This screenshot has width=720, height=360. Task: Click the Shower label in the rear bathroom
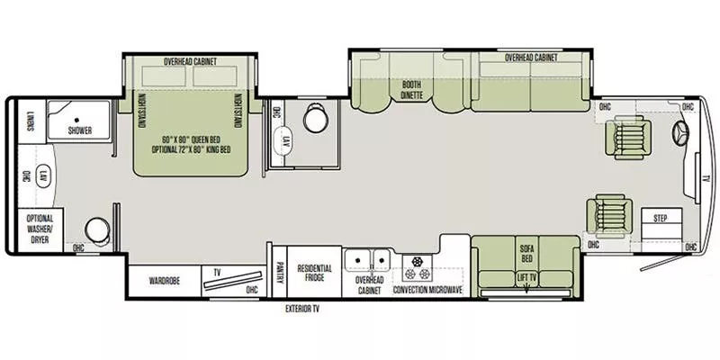[x=79, y=130]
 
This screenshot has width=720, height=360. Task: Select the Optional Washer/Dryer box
[x=40, y=229]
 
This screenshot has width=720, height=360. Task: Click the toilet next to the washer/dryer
[x=96, y=230]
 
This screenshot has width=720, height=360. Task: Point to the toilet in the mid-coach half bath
[x=315, y=119]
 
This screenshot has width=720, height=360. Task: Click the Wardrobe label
[x=165, y=280]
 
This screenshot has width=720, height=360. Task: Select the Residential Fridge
[x=314, y=274]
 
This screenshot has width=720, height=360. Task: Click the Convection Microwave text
[x=427, y=291]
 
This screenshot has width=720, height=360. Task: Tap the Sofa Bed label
[x=526, y=251]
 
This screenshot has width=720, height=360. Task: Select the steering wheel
[x=681, y=134]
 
